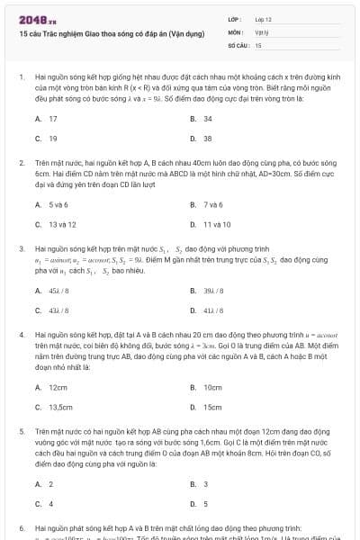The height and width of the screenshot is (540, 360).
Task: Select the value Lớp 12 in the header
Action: pyautogui.click(x=263, y=19)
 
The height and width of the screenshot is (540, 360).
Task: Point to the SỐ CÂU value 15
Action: pyautogui.click(x=258, y=44)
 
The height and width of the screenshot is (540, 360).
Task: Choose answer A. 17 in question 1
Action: pyautogui.click(x=47, y=119)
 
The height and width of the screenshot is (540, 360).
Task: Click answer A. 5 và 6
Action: pyautogui.click(x=50, y=204)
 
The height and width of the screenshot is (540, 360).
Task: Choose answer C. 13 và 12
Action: pyautogui.click(x=55, y=224)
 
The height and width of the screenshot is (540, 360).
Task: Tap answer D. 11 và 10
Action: pyautogui.click(x=211, y=224)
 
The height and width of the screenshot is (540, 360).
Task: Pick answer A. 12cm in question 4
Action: pyautogui.click(x=52, y=387)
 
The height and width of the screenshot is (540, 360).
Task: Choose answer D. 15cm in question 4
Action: pyautogui.click(x=206, y=407)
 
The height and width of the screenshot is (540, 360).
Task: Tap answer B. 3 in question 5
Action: pyautogui.click(x=199, y=483)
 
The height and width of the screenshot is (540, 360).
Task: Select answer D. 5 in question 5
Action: pyautogui.click(x=199, y=503)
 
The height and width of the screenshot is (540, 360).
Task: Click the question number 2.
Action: pyautogui.click(x=21, y=162)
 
